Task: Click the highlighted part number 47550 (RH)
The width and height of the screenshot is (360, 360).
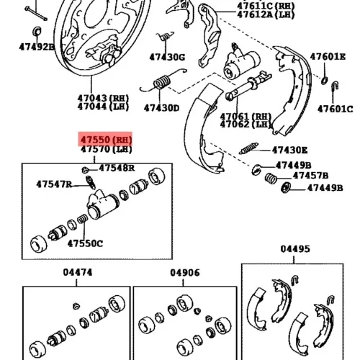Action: [x=107, y=140]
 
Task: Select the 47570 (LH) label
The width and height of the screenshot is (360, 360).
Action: [x=107, y=149]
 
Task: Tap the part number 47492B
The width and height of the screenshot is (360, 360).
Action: [x=37, y=47]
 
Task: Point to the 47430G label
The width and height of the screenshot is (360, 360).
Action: [x=167, y=58]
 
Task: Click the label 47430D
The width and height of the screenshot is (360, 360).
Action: [x=161, y=108]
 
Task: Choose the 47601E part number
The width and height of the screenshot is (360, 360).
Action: [x=328, y=57]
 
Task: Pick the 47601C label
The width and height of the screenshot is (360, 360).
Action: [x=336, y=109]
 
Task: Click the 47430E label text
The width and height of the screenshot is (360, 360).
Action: [x=289, y=150]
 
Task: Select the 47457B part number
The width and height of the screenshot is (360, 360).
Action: [x=310, y=176]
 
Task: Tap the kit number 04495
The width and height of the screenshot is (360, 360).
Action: [x=295, y=249]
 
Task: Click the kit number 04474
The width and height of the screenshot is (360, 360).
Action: [x=78, y=272]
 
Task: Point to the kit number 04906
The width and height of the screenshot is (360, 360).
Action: [x=185, y=273]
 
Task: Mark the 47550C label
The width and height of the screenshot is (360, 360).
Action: [x=85, y=243]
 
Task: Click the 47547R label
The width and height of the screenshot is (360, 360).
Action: [x=54, y=184]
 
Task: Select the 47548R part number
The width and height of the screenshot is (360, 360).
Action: [x=117, y=168]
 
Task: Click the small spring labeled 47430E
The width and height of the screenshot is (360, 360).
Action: [x=249, y=148]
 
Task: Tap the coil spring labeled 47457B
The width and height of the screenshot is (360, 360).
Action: [x=271, y=178]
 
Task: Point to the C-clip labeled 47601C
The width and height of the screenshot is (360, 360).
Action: [x=335, y=86]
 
